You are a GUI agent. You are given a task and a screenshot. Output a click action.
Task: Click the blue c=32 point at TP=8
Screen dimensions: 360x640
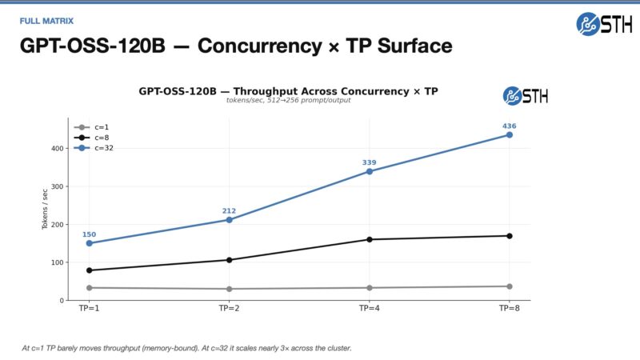pos(509,134)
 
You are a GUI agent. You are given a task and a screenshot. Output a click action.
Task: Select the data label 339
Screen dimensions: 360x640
pos(369,162)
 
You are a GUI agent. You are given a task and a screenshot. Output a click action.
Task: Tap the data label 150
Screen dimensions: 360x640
pos(89,234)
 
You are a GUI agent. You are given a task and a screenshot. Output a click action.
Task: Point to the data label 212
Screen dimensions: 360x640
pos(229,211)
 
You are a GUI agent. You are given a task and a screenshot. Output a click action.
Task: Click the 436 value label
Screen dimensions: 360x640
pos(509,126)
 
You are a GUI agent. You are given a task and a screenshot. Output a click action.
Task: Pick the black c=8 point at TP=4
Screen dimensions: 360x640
pos(369,239)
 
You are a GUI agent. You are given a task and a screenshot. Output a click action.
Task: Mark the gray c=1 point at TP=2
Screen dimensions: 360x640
pos(229,289)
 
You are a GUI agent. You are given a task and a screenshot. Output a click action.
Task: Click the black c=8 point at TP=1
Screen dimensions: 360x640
pos(89,270)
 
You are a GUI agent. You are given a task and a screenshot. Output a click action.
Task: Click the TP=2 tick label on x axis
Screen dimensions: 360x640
pos(229,308)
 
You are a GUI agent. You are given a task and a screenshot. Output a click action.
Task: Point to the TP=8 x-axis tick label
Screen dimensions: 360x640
pos(509,308)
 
